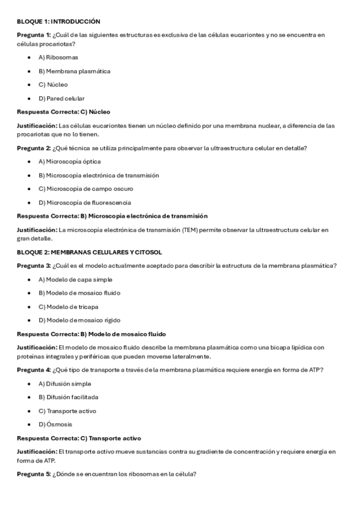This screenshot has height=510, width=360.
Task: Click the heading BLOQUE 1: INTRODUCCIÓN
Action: coord(58,22)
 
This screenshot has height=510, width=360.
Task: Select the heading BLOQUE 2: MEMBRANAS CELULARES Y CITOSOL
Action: coord(90,252)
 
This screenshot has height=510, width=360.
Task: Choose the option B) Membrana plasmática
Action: coord(74,71)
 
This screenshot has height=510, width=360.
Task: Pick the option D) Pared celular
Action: coord(61,98)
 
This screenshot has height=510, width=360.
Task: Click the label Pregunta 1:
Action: coord(34,35)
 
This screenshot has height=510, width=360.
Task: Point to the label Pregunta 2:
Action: coord(34,148)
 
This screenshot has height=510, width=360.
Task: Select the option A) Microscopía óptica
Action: coord(70,161)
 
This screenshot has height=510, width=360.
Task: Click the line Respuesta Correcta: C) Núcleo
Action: coord(64,112)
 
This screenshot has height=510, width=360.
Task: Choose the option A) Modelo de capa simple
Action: coord(75,279)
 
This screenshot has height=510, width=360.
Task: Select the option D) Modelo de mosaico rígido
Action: coord(79,320)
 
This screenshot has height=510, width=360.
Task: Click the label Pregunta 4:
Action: coord(34,369)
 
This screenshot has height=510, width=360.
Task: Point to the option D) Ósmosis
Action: coord(56,425)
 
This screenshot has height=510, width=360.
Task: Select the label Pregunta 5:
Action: coord(34,474)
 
